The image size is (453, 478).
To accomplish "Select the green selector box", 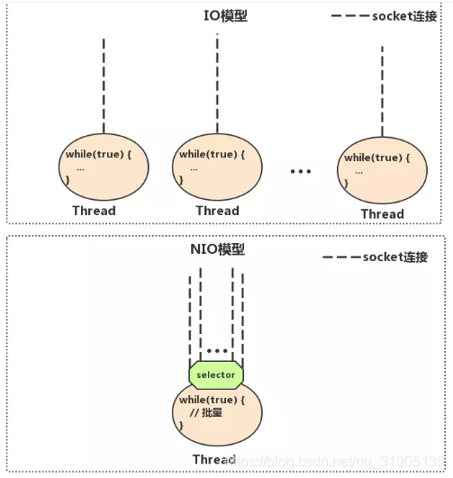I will coord(216,374).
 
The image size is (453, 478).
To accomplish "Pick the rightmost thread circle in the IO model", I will coord(381,169).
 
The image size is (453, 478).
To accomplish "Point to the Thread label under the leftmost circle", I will coord(94,211).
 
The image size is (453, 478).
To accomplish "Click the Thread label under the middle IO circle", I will coord(217,211).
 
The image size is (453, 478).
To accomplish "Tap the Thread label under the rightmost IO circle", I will coord(382,213).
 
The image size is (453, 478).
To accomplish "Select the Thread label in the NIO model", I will coord(214,460).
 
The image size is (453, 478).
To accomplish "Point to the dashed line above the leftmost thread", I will coord(104,86).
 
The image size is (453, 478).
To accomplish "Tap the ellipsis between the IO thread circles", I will coord(300,171).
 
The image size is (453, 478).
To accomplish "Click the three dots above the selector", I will coord(216,349).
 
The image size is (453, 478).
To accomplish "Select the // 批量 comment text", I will coord(209,412).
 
